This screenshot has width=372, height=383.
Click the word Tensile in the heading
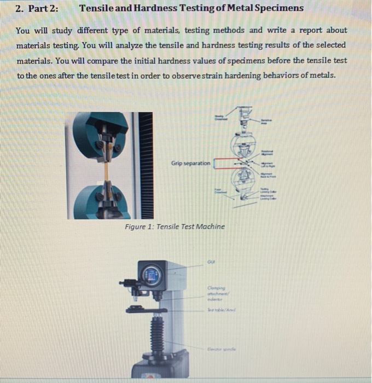pyautogui.click(x=98, y=8)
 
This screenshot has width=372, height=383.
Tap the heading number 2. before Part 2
pyautogui.click(x=20, y=8)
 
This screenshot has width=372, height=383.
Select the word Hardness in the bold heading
pyautogui.click(x=161, y=8)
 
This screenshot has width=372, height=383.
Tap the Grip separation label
pyautogui.click(x=190, y=163)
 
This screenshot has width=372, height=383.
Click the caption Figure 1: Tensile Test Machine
pyautogui.click(x=174, y=227)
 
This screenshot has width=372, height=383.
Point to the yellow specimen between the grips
pyautogui.click(x=111, y=170)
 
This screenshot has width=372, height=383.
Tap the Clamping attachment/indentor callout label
pyautogui.click(x=218, y=292)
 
